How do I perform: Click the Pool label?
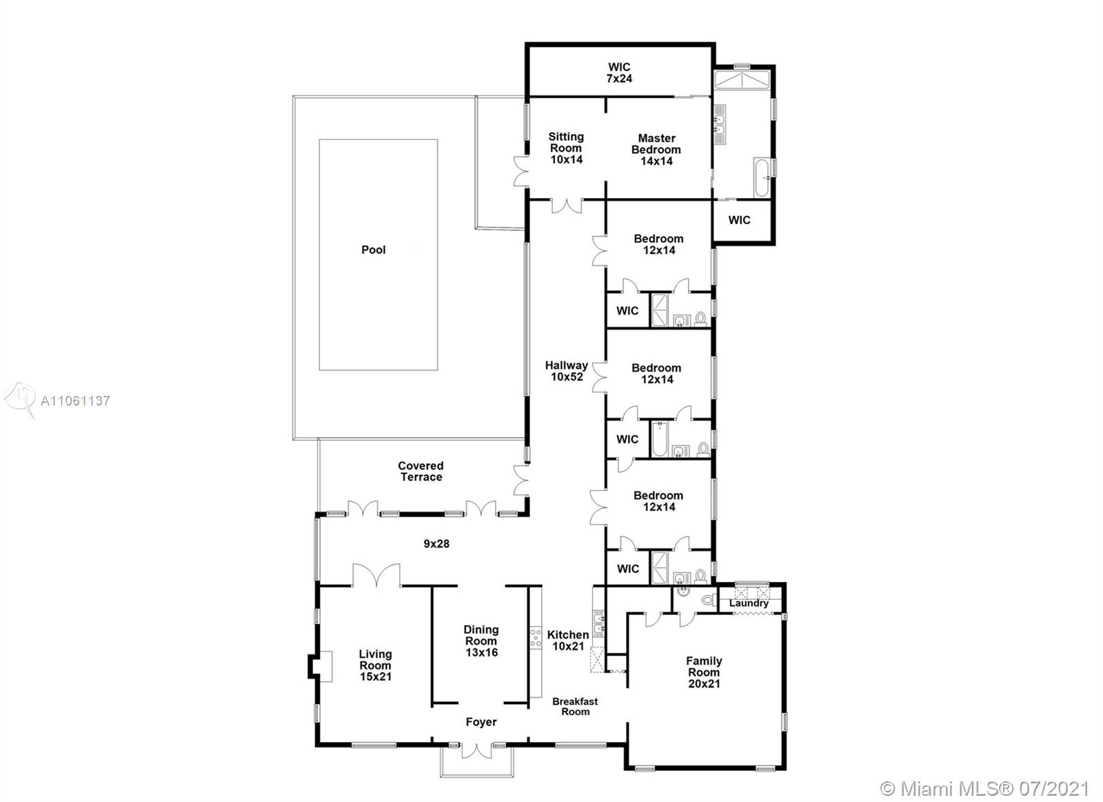click(373, 250)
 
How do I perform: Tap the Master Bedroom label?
click(656, 149)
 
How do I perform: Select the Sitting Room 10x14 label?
click(566, 148)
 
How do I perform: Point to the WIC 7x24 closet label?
click(619, 72)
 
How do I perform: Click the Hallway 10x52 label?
click(566, 371)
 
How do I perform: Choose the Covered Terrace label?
click(421, 471)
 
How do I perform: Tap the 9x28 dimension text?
click(436, 544)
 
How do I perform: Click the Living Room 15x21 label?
click(375, 665)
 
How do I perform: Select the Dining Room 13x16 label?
click(481, 641)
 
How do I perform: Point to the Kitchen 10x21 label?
click(568, 641)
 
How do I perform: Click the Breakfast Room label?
click(575, 706)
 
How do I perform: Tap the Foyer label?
click(481, 722)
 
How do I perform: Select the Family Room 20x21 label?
click(704, 672)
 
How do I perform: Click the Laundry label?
click(749, 603)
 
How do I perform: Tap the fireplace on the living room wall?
click(321, 666)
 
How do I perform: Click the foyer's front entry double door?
click(476, 750)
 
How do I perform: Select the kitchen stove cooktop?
click(535, 637)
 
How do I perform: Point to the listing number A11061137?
click(75, 401)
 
